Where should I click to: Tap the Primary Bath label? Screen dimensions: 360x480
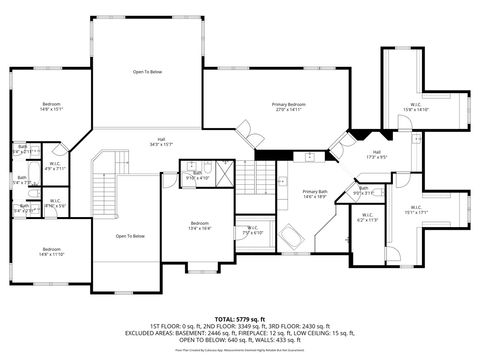(x=314, y=193)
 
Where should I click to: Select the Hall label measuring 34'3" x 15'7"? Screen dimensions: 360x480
(x=161, y=142)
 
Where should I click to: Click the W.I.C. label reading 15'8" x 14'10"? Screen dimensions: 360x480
(x=415, y=108)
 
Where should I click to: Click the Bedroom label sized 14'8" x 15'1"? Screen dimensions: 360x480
(x=51, y=107)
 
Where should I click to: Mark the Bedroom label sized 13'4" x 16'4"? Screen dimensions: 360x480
(x=200, y=225)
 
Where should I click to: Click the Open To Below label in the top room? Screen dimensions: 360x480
(x=148, y=72)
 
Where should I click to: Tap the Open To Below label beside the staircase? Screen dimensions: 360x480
(x=130, y=236)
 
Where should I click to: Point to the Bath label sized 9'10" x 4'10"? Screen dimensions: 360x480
(x=197, y=176)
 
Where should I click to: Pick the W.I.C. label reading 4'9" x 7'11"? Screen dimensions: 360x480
(x=57, y=166)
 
